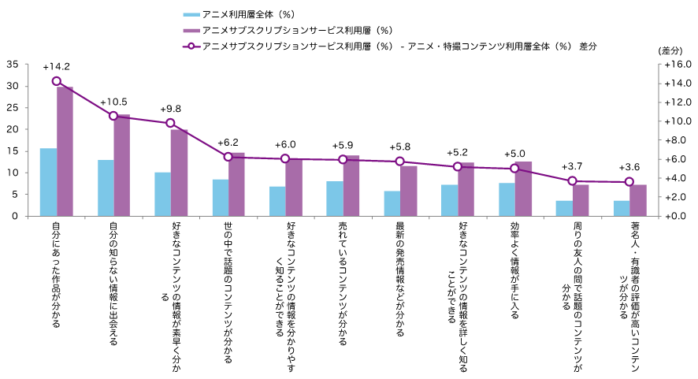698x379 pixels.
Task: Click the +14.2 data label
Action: click(56, 66)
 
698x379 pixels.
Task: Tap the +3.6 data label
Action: click(629, 167)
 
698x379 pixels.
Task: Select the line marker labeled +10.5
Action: click(113, 116)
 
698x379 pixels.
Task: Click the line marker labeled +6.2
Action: click(228, 157)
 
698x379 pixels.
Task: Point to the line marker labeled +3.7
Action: click(572, 181)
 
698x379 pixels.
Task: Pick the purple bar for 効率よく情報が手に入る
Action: click(523, 188)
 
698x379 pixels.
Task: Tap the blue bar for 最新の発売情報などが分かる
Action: click(392, 203)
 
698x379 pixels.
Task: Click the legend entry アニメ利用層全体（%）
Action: click(236, 14)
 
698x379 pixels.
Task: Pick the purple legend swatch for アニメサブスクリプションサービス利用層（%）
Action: click(191, 30)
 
